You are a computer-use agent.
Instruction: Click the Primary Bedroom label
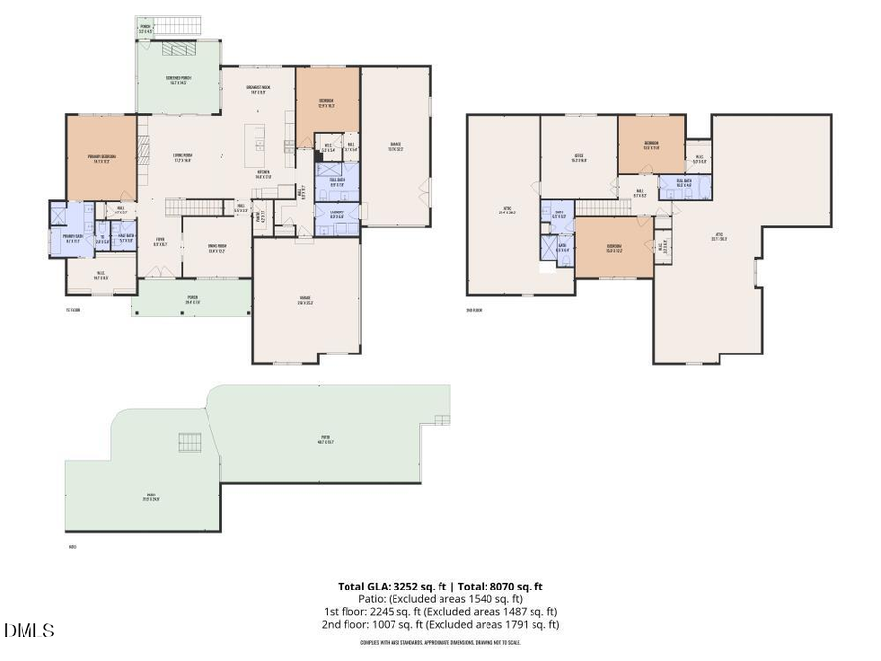click(102, 157)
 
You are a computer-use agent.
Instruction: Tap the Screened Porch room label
click(178, 80)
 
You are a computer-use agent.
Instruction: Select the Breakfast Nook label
click(257, 90)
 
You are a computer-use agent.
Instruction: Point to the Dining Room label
click(216, 249)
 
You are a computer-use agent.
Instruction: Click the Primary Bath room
click(72, 237)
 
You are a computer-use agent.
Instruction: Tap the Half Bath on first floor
click(126, 238)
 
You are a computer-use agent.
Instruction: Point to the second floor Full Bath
click(675, 184)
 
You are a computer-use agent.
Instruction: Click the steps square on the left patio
click(190, 443)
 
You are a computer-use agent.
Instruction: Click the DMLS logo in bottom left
click(29, 631)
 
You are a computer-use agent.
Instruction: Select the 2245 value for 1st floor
click(381, 611)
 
